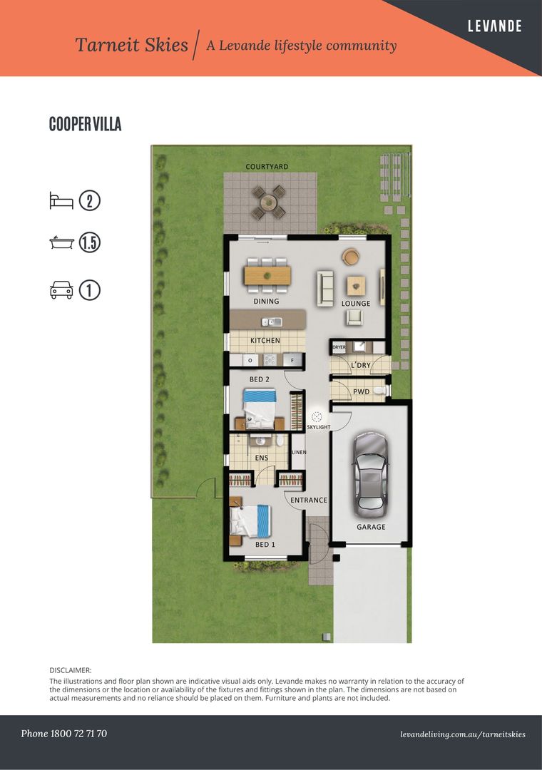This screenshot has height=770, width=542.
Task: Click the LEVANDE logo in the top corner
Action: point(494,26)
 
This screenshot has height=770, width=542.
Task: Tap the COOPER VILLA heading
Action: point(85,124)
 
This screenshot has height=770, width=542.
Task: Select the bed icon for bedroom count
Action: point(61,200)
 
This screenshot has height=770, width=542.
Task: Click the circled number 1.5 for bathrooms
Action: point(90,243)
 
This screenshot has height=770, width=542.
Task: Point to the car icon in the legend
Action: point(61,290)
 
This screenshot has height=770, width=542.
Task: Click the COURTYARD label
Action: point(267,167)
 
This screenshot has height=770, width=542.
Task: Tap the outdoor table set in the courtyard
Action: point(268,202)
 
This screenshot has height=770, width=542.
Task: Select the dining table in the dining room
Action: point(267,274)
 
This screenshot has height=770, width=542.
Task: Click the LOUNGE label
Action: point(356,304)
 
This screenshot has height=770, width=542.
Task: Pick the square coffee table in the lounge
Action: point(357,285)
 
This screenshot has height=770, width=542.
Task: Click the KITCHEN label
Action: point(265,341)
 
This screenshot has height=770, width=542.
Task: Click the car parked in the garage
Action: point(371,474)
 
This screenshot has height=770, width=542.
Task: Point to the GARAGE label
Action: point(371,527)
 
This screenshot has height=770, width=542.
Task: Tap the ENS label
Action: point(262,458)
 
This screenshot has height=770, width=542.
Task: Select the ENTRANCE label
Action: point(309,500)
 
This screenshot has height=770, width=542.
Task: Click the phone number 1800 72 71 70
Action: point(64,734)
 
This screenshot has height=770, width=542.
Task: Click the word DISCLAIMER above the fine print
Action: point(71,671)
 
